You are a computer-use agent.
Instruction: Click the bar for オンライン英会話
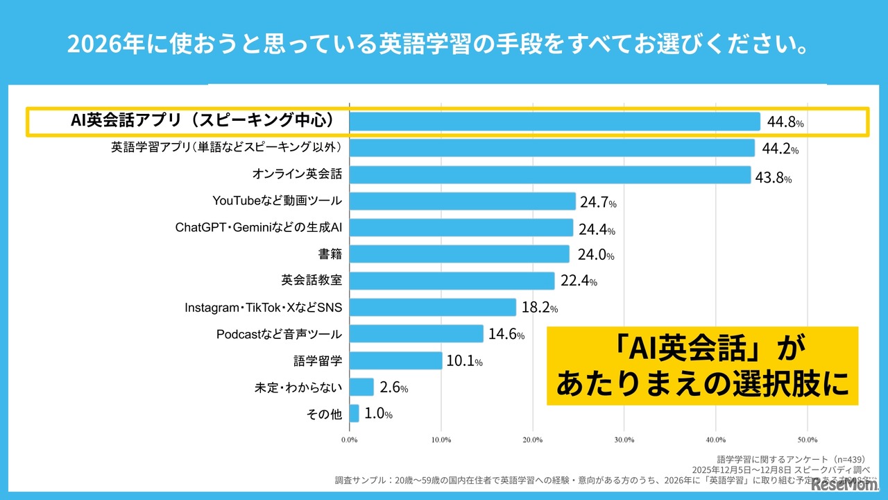click(x=550, y=175)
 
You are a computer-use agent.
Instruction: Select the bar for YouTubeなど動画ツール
click(x=463, y=201)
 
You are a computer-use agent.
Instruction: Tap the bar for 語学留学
click(x=396, y=360)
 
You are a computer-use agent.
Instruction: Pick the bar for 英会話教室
click(x=452, y=281)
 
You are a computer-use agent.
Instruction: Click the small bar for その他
click(x=355, y=414)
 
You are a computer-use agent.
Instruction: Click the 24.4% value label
click(x=597, y=230)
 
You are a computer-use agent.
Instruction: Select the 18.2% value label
click(x=539, y=308)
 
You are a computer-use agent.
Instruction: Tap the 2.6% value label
click(x=394, y=388)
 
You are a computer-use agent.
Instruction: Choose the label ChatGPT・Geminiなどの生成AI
click(x=259, y=228)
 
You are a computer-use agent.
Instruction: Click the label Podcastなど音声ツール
click(x=279, y=334)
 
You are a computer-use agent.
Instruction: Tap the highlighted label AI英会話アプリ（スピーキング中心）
click(x=203, y=121)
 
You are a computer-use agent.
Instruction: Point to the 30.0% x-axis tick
click(x=624, y=440)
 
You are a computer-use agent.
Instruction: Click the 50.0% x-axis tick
click(x=808, y=440)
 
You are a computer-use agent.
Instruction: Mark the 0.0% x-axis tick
click(x=350, y=440)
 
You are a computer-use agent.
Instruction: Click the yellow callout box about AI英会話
click(x=702, y=365)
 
